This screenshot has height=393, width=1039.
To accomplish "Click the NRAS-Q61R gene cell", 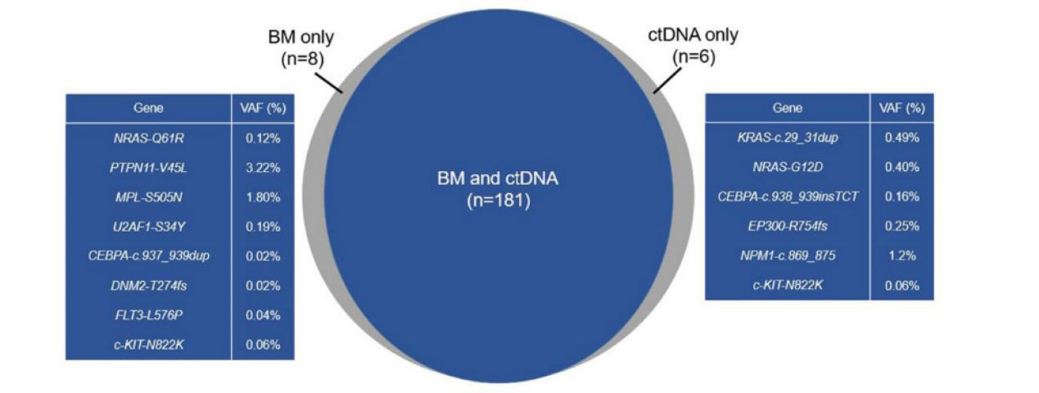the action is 148,138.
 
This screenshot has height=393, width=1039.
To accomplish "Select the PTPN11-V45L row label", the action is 148,168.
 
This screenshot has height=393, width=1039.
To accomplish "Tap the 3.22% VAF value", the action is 263,168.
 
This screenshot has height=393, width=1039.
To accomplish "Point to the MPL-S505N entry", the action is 148,197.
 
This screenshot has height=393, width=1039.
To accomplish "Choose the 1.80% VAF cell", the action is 263,197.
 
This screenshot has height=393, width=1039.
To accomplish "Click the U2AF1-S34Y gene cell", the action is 148,227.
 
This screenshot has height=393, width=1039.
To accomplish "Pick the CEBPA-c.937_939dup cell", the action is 148,256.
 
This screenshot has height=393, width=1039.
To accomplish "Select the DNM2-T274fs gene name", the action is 148,286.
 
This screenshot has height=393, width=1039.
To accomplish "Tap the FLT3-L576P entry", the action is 148,315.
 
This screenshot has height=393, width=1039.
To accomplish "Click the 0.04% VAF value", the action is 263,315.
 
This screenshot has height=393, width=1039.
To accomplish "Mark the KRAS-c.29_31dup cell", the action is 788,138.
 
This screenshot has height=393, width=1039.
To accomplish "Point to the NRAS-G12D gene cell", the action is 788,167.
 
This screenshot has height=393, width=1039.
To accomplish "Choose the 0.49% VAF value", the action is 901,138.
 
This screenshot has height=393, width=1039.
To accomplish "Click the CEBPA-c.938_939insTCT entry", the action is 788,196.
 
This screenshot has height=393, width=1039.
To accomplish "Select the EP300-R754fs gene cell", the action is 788,226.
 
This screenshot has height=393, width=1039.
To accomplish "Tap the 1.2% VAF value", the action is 901,255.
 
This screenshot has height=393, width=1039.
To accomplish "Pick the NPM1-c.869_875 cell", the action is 788,255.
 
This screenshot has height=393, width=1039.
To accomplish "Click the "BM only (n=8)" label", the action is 301,47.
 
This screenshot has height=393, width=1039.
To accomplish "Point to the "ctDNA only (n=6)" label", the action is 693,46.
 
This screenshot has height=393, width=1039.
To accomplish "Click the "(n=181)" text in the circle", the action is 498,201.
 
